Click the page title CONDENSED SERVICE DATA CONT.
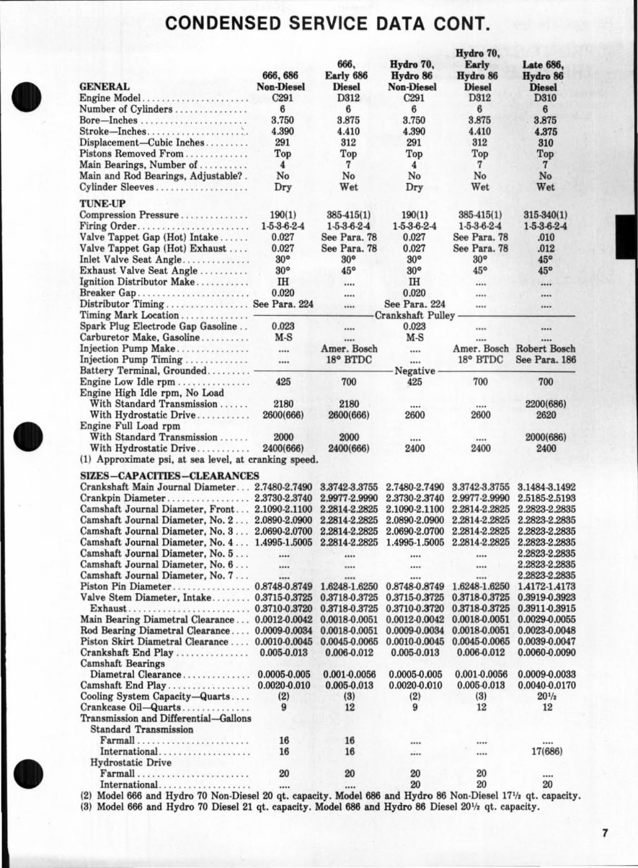pos(328,24)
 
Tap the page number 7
pos(606,833)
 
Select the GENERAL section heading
pos(105,87)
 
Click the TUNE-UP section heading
pos(101,204)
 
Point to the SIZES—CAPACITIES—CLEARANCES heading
pos(169,476)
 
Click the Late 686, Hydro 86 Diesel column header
pos(546,75)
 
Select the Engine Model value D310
pos(546,97)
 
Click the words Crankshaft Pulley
pos(415,315)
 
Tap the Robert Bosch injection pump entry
pos(546,349)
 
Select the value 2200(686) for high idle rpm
pos(546,404)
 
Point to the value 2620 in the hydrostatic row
pos(546,415)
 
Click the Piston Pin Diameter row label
pos(125,587)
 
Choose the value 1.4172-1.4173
pos(546,587)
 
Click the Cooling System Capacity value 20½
pos(546,696)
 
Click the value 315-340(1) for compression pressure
pos(546,215)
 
